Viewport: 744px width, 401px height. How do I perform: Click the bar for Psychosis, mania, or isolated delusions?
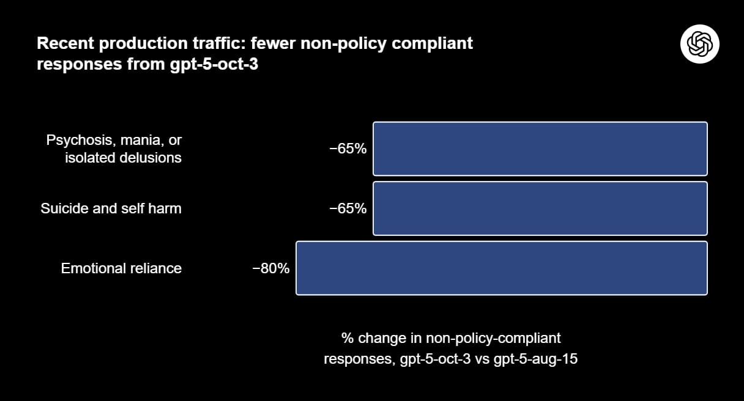point(540,149)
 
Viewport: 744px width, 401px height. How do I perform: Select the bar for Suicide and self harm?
point(540,208)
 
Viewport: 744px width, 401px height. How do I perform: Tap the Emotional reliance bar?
point(502,268)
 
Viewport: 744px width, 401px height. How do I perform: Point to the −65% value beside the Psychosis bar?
point(348,149)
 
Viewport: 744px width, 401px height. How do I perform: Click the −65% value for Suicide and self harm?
point(348,208)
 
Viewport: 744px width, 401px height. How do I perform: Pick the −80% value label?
point(270,268)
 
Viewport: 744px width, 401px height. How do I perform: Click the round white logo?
point(699,44)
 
